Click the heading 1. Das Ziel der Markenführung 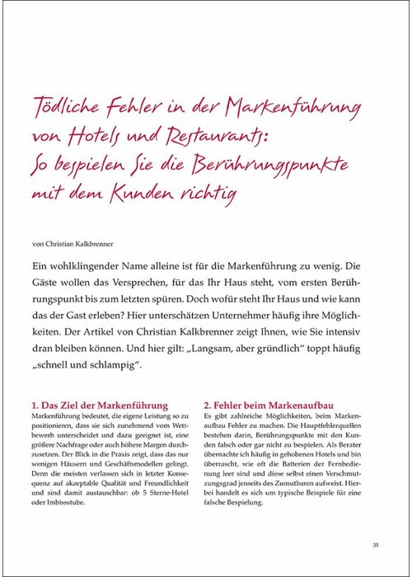pyautogui.click(x=99, y=406)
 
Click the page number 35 pyautogui.click(x=375, y=543)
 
